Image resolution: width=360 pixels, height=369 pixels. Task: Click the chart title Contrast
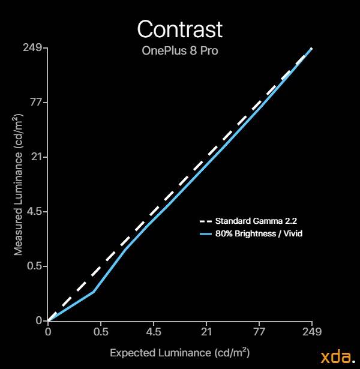tap(180, 29)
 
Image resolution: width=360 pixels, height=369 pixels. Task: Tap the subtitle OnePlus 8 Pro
tap(180, 50)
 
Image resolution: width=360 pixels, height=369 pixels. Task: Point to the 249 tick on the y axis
tap(32, 48)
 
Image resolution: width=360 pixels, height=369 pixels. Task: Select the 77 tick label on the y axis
tap(36, 103)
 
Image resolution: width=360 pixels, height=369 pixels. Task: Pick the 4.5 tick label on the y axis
tap(34, 211)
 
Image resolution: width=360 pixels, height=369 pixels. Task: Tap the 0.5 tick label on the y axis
tap(34, 266)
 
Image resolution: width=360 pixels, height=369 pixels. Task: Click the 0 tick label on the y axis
tap(39, 320)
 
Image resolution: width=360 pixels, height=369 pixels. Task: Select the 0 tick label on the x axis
tap(48, 332)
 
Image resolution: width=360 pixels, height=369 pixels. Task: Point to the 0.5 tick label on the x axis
tap(101, 332)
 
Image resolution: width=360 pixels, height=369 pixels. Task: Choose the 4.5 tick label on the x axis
tap(154, 332)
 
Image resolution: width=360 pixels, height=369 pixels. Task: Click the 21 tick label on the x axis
tap(206, 332)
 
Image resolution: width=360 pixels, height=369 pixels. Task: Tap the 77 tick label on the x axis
tap(259, 332)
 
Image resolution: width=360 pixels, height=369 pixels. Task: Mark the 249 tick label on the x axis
tap(312, 332)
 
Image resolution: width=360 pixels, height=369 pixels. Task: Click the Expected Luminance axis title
tap(180, 353)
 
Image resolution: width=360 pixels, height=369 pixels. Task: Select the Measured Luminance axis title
tap(18, 185)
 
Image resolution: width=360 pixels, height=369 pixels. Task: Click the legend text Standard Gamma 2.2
tap(256, 221)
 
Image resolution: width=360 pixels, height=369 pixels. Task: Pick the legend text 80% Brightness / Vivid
tap(259, 233)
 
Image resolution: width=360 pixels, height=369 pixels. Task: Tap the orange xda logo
tap(338, 357)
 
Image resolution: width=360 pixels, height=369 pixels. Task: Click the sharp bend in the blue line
tap(94, 292)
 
